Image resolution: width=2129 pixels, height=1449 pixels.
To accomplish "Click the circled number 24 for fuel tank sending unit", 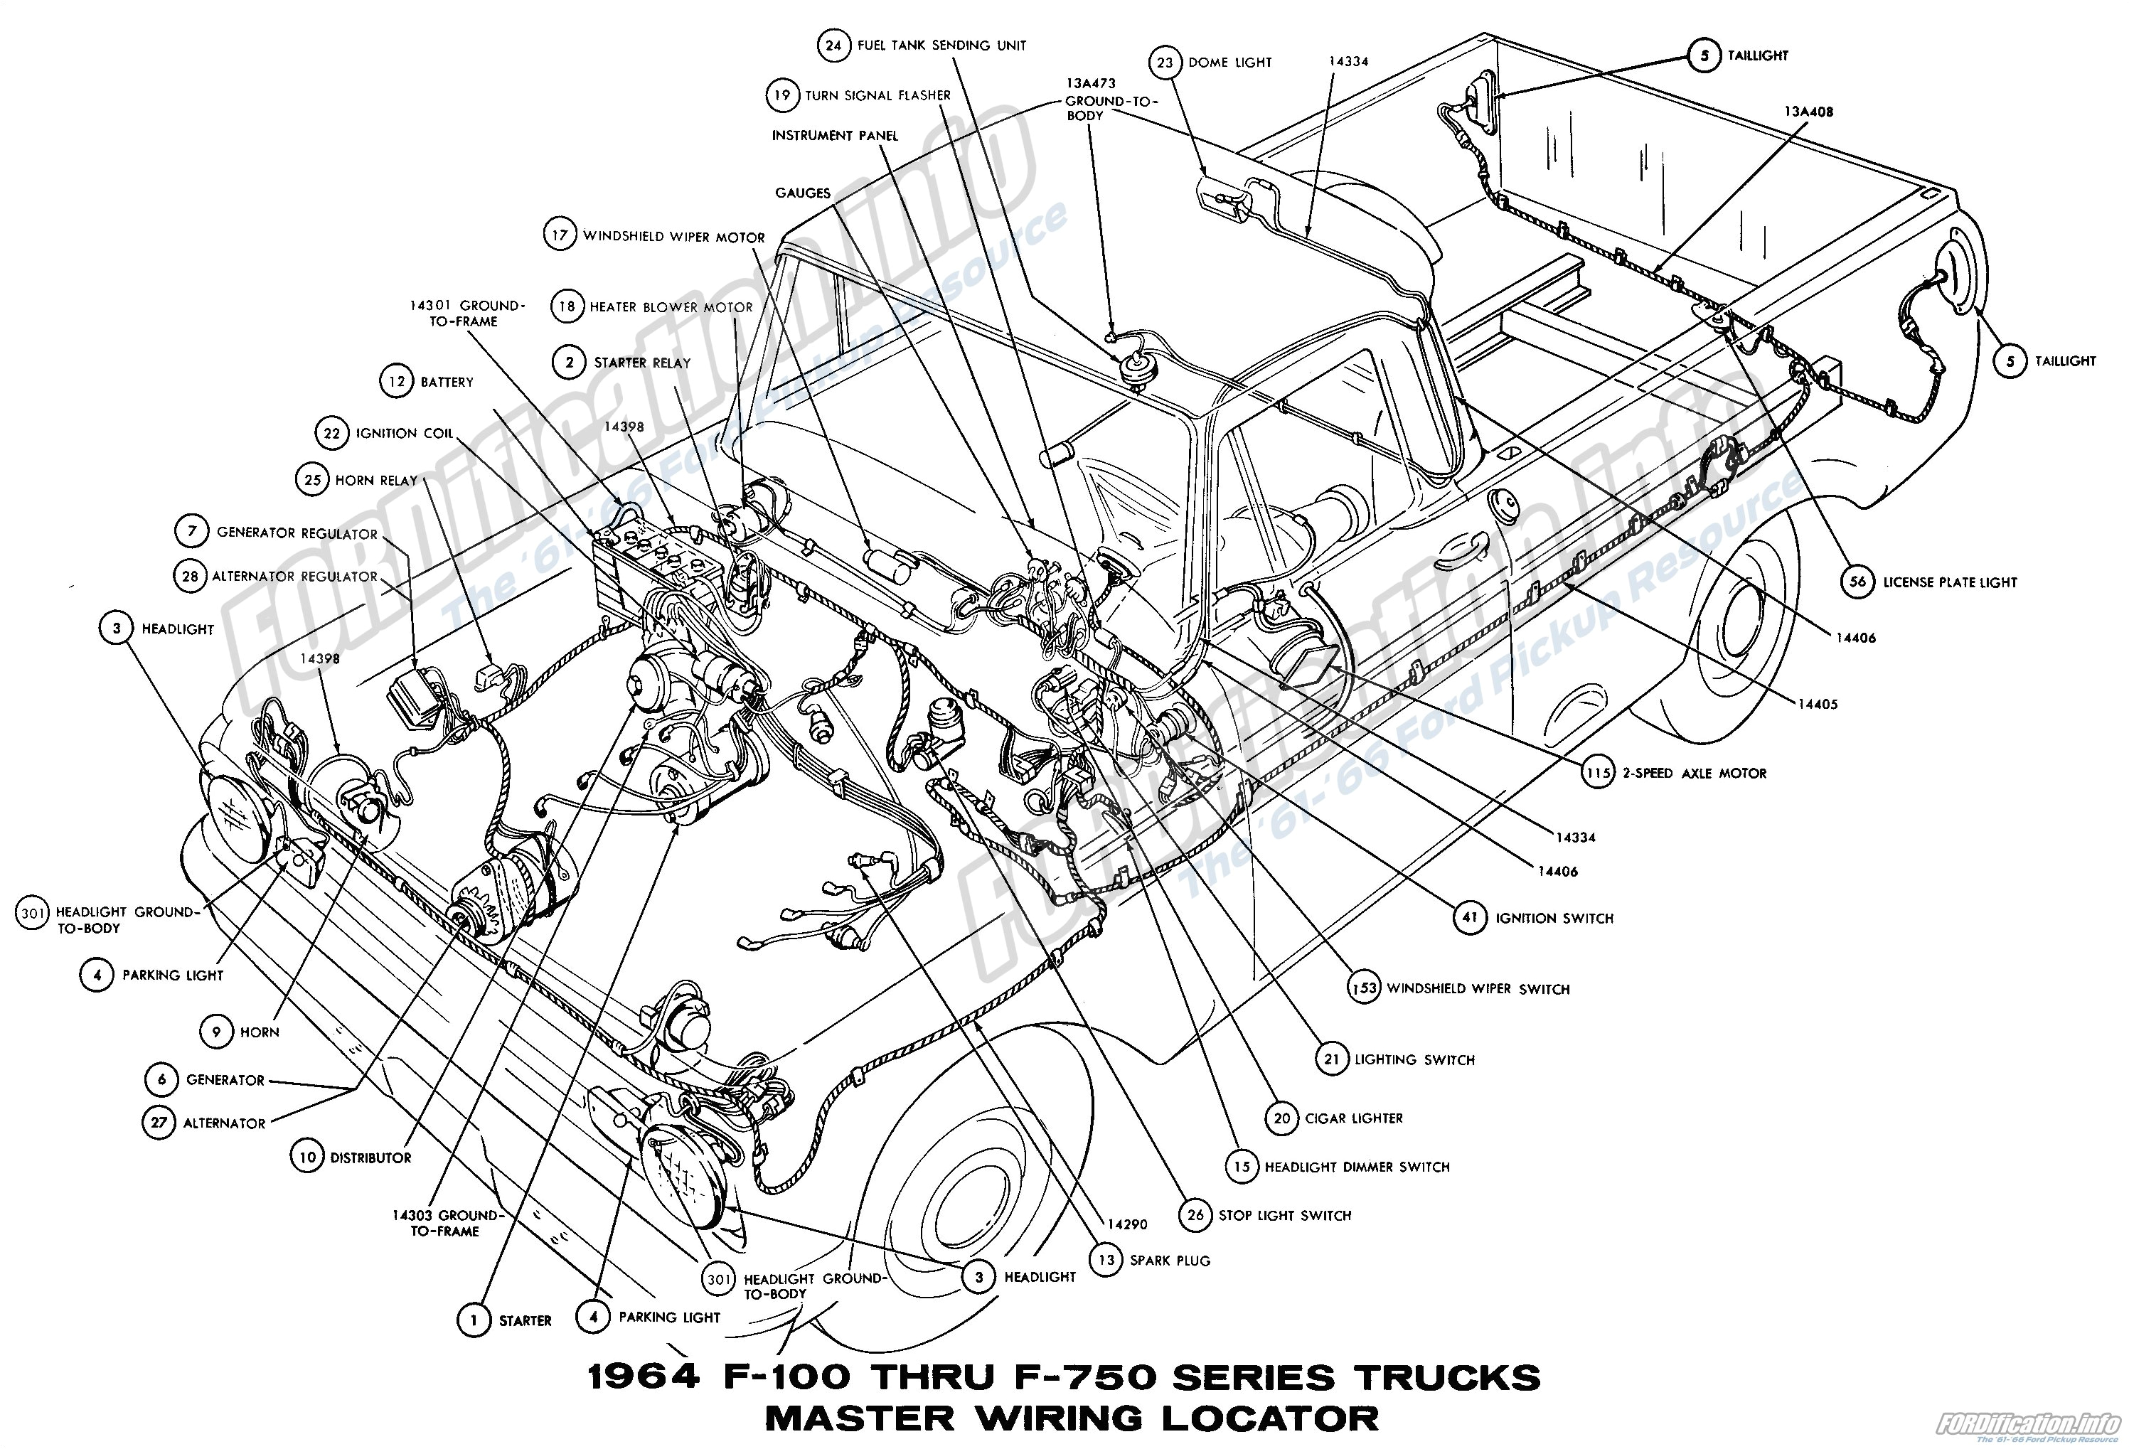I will (x=833, y=45).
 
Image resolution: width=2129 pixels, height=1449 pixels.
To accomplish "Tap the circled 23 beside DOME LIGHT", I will (x=1164, y=63).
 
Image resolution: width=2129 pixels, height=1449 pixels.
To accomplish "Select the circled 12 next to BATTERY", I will (x=397, y=381).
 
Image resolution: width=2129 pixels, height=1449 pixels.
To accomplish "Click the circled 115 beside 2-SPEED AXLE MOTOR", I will (x=1599, y=773).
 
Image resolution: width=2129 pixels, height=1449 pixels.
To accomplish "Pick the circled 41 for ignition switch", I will (x=1471, y=918).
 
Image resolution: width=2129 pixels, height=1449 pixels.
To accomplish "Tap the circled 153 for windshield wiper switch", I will (x=1364, y=988).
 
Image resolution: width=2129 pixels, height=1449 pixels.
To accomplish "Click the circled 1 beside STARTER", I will (x=474, y=1320).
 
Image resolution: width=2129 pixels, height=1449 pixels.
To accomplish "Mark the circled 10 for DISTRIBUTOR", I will (x=308, y=1157).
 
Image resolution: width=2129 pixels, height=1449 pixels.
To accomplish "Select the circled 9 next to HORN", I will (x=216, y=1032).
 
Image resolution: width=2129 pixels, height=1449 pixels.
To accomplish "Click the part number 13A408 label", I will (x=1808, y=112).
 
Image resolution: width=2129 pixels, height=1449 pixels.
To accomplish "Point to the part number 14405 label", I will (x=1818, y=705).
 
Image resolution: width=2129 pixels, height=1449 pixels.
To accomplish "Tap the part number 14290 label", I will (x=1127, y=1224).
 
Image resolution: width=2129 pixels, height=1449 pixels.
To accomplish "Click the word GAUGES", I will (x=803, y=193).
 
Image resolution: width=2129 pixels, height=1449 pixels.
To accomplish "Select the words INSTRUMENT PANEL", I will (x=835, y=136).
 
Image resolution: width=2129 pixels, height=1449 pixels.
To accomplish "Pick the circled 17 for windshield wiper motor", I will (x=559, y=235).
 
